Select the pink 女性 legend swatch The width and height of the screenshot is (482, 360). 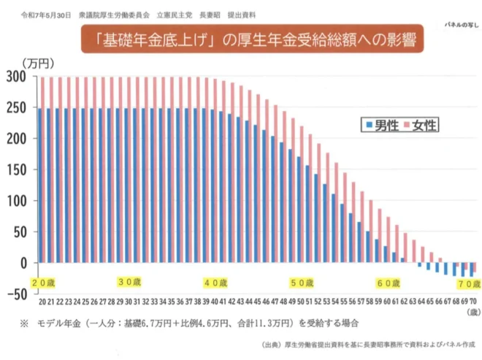(407, 126)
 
